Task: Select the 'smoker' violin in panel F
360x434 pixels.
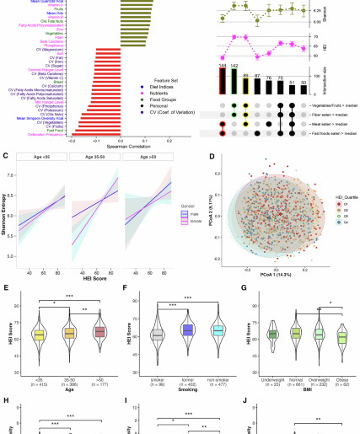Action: tap(156, 311)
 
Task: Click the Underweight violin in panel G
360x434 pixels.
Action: tap(271, 311)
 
